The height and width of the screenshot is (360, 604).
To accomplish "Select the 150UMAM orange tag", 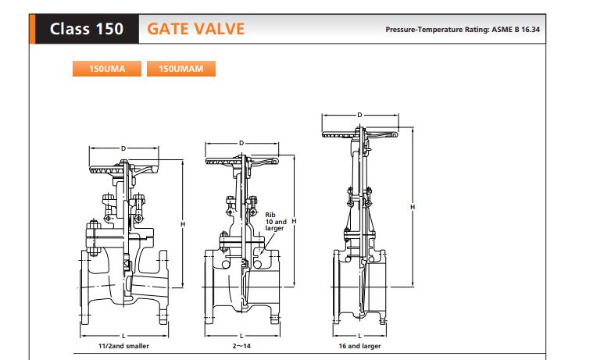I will (180, 69).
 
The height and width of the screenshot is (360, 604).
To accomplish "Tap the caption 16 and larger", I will (360, 345).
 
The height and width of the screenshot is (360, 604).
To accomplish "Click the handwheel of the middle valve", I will (241, 162).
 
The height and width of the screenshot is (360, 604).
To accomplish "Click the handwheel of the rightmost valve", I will (359, 135).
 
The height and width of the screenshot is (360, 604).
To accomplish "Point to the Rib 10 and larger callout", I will (274, 221).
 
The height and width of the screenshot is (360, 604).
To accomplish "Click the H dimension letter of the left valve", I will (182, 224).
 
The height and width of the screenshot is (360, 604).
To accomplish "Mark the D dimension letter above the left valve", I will (123, 148).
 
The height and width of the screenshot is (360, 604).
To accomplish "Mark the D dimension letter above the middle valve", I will (241, 143).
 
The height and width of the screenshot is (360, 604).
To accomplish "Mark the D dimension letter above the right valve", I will (359, 116).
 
